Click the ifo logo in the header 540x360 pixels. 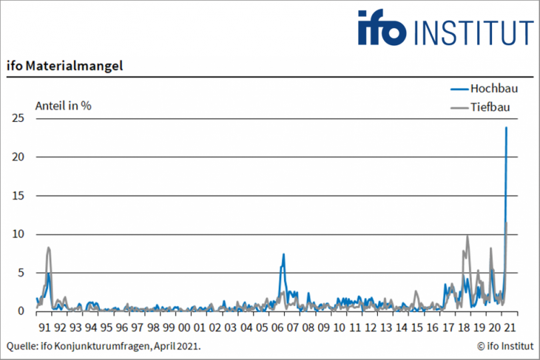click(x=381, y=28)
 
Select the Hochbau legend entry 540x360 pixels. click(x=494, y=88)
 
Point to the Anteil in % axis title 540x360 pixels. click(x=63, y=105)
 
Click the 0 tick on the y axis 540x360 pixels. click(x=21, y=311)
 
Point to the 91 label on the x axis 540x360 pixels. click(x=45, y=327)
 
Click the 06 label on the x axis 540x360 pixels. click(x=278, y=327)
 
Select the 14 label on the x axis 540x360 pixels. click(x=402, y=327)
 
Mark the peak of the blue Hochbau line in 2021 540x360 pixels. click(x=506, y=127)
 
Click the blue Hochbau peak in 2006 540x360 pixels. click(x=283, y=254)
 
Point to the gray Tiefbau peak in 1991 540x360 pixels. click(x=48, y=247)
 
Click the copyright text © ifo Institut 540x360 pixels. click(x=505, y=346)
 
